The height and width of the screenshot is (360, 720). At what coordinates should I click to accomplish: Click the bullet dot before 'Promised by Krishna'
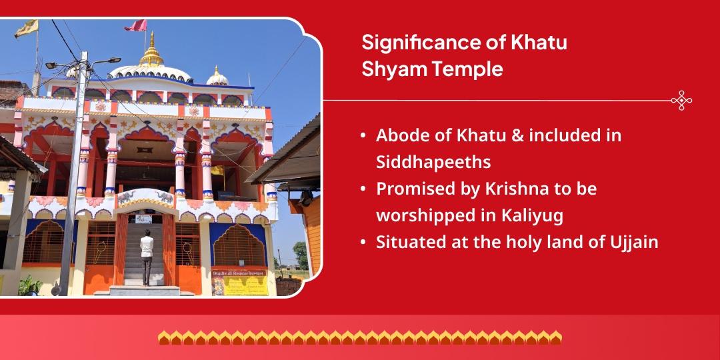363,189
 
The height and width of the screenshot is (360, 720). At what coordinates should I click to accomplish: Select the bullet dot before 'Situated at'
363,243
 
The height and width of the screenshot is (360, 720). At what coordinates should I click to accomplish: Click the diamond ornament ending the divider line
681,101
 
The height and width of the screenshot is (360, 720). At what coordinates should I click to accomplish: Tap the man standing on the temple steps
147,257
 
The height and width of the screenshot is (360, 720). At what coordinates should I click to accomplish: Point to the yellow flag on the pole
27,28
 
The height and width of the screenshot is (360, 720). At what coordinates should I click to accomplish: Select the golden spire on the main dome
151,51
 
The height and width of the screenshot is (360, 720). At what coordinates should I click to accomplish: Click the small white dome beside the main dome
217,77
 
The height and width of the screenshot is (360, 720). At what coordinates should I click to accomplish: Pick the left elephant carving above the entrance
127,197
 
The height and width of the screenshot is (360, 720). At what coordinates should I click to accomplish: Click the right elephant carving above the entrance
165,197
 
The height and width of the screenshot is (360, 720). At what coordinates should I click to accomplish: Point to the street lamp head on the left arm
51,65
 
